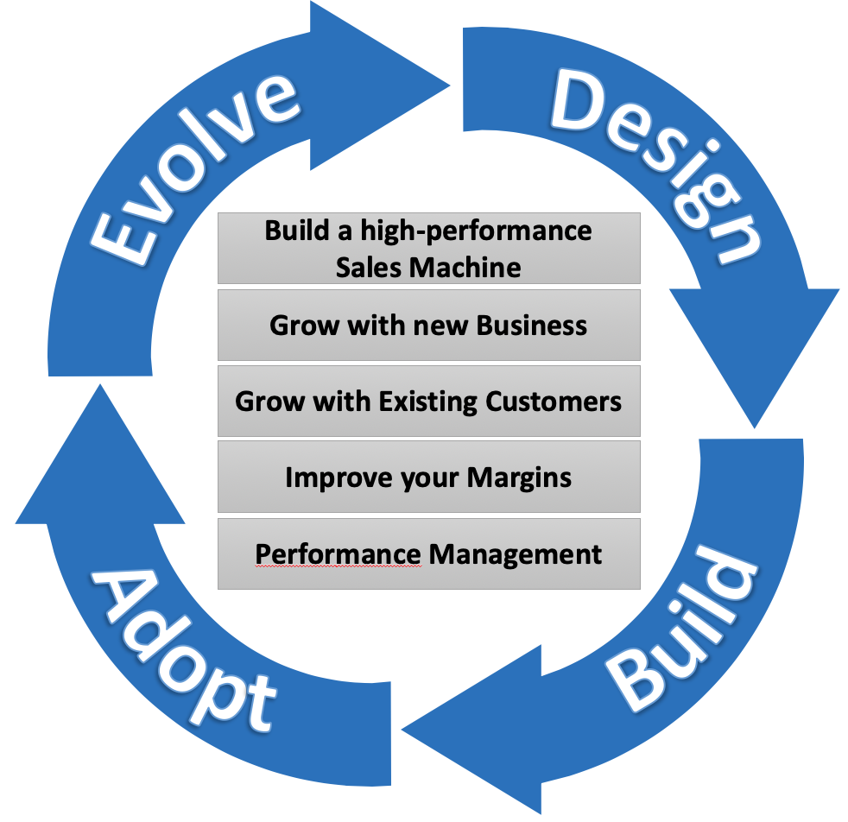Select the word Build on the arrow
pos(682,629)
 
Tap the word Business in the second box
pos(532,326)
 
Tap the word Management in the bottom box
pos(516,553)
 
